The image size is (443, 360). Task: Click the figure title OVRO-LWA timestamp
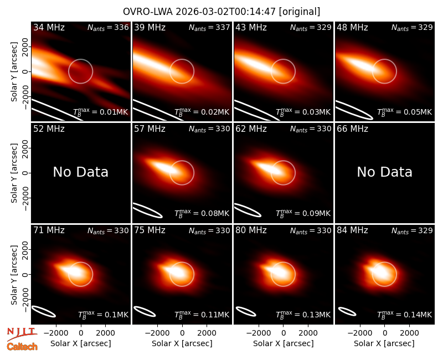[x=221, y=12]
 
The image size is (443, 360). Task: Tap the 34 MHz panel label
[x=49, y=27]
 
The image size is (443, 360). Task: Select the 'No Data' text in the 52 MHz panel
[x=80, y=172]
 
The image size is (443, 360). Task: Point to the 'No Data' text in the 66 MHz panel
[x=384, y=172]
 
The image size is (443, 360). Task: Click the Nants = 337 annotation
[x=209, y=27]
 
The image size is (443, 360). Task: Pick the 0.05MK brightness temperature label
[x=405, y=112]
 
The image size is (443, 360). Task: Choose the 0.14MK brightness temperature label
[x=405, y=314]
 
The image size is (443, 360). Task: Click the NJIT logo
[x=22, y=335]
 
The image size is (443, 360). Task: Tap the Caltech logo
[x=22, y=347]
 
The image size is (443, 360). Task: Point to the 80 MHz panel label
[x=251, y=230]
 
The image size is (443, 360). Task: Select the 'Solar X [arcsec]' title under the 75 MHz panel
[x=182, y=343]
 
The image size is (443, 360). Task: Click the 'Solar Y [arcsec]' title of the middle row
[x=14, y=173]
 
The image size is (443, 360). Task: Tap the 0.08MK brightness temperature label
[x=202, y=213]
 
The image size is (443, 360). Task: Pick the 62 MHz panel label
[x=251, y=129]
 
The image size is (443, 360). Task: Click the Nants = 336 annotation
[x=108, y=27]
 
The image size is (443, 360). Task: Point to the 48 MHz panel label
[x=352, y=27]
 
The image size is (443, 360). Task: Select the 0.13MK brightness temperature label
[x=303, y=314]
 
